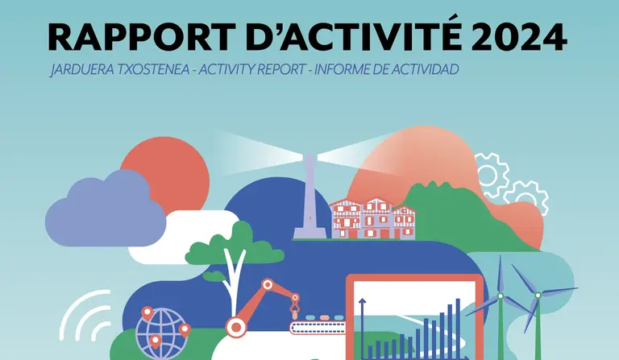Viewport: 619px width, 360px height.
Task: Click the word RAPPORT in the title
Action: [x=142, y=37]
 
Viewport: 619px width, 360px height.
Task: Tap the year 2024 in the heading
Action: [x=519, y=37]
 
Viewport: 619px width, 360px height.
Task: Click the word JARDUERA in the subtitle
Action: [x=82, y=70]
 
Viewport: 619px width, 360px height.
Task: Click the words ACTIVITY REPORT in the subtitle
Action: [x=252, y=69]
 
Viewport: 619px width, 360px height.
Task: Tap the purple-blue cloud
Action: [x=106, y=210]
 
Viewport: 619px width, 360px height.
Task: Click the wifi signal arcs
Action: [x=85, y=316]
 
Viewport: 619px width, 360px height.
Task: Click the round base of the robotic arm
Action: [x=236, y=327]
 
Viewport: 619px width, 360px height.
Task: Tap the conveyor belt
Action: [x=318, y=327]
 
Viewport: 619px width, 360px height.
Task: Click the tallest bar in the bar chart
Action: [x=458, y=329]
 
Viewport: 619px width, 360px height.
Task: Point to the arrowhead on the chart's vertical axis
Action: [x=362, y=302]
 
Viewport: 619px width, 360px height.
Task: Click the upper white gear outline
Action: [x=491, y=175]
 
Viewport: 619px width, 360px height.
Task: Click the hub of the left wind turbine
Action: [x=501, y=296]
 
